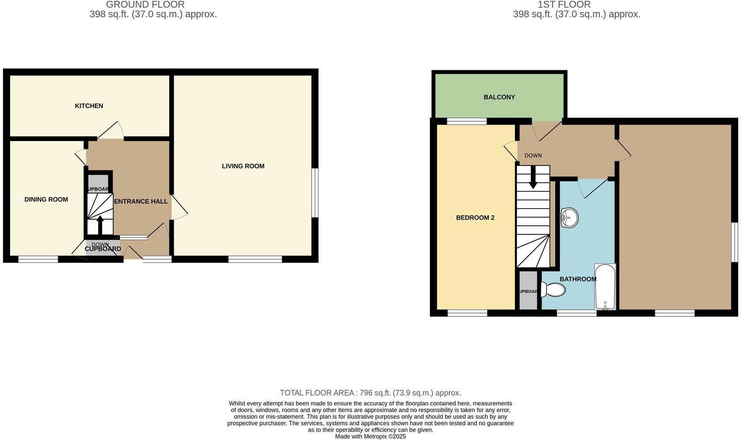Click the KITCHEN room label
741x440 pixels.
(89, 106)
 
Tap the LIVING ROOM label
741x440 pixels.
(243, 166)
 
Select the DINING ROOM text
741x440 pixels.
(46, 200)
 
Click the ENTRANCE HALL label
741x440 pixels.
(141, 201)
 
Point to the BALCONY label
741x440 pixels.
(499, 97)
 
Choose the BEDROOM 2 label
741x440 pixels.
(475, 218)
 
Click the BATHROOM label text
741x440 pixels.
(578, 279)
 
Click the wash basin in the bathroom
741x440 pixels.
(569, 218)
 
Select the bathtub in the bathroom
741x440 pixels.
(605, 287)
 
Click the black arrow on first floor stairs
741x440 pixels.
(533, 177)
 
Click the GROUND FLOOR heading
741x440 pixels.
(145, 5)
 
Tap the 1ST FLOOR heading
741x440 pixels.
(564, 5)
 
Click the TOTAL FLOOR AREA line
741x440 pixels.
(370, 393)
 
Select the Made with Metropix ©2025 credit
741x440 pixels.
(370, 436)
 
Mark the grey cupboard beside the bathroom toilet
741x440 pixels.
(528, 291)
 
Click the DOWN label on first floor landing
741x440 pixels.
(533, 156)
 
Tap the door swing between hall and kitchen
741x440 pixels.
(110, 131)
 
